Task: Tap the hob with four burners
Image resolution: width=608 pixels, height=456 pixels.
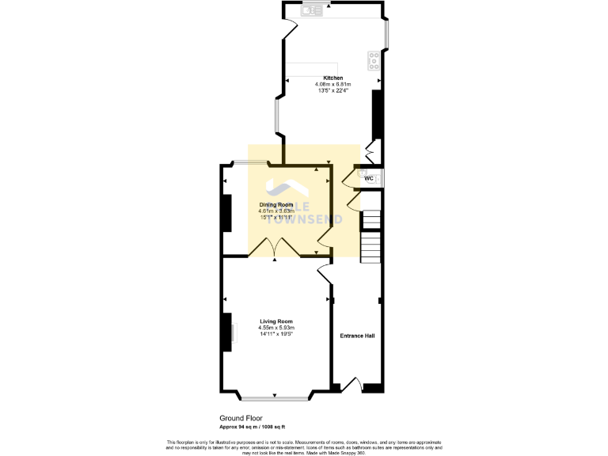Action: coord(373,59)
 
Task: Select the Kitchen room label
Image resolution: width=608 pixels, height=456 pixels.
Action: coord(332,78)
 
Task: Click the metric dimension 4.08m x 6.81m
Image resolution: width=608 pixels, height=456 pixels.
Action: coord(332,84)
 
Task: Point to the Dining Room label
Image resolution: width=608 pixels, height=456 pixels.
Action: coord(276,204)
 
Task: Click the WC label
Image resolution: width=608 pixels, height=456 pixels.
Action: coord(368,178)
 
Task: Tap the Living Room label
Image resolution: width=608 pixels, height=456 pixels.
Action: coord(276,321)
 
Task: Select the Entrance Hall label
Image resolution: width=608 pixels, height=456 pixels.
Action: coord(357,336)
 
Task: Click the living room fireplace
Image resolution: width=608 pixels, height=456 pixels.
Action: coord(228,332)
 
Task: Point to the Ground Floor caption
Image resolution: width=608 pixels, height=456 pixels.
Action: coord(241,418)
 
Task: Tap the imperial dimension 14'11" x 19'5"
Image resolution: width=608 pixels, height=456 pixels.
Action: coord(276,334)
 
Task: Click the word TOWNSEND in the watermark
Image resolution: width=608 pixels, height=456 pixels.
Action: coord(309,219)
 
